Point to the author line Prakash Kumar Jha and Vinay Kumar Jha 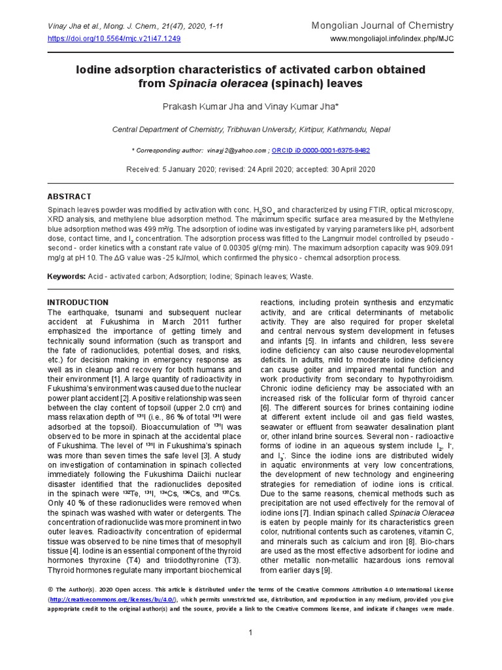click(251, 106)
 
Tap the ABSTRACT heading click(69, 196)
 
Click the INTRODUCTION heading click(78, 302)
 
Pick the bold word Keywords click(66, 277)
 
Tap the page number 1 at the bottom click(251, 632)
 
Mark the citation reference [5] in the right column click(309, 342)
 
